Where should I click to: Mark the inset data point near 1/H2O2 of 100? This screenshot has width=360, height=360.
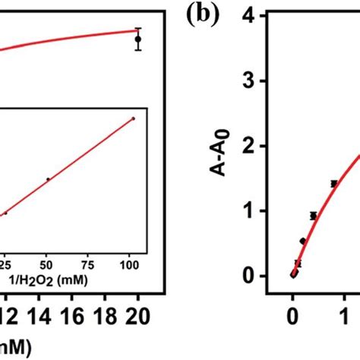click(x=133, y=118)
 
